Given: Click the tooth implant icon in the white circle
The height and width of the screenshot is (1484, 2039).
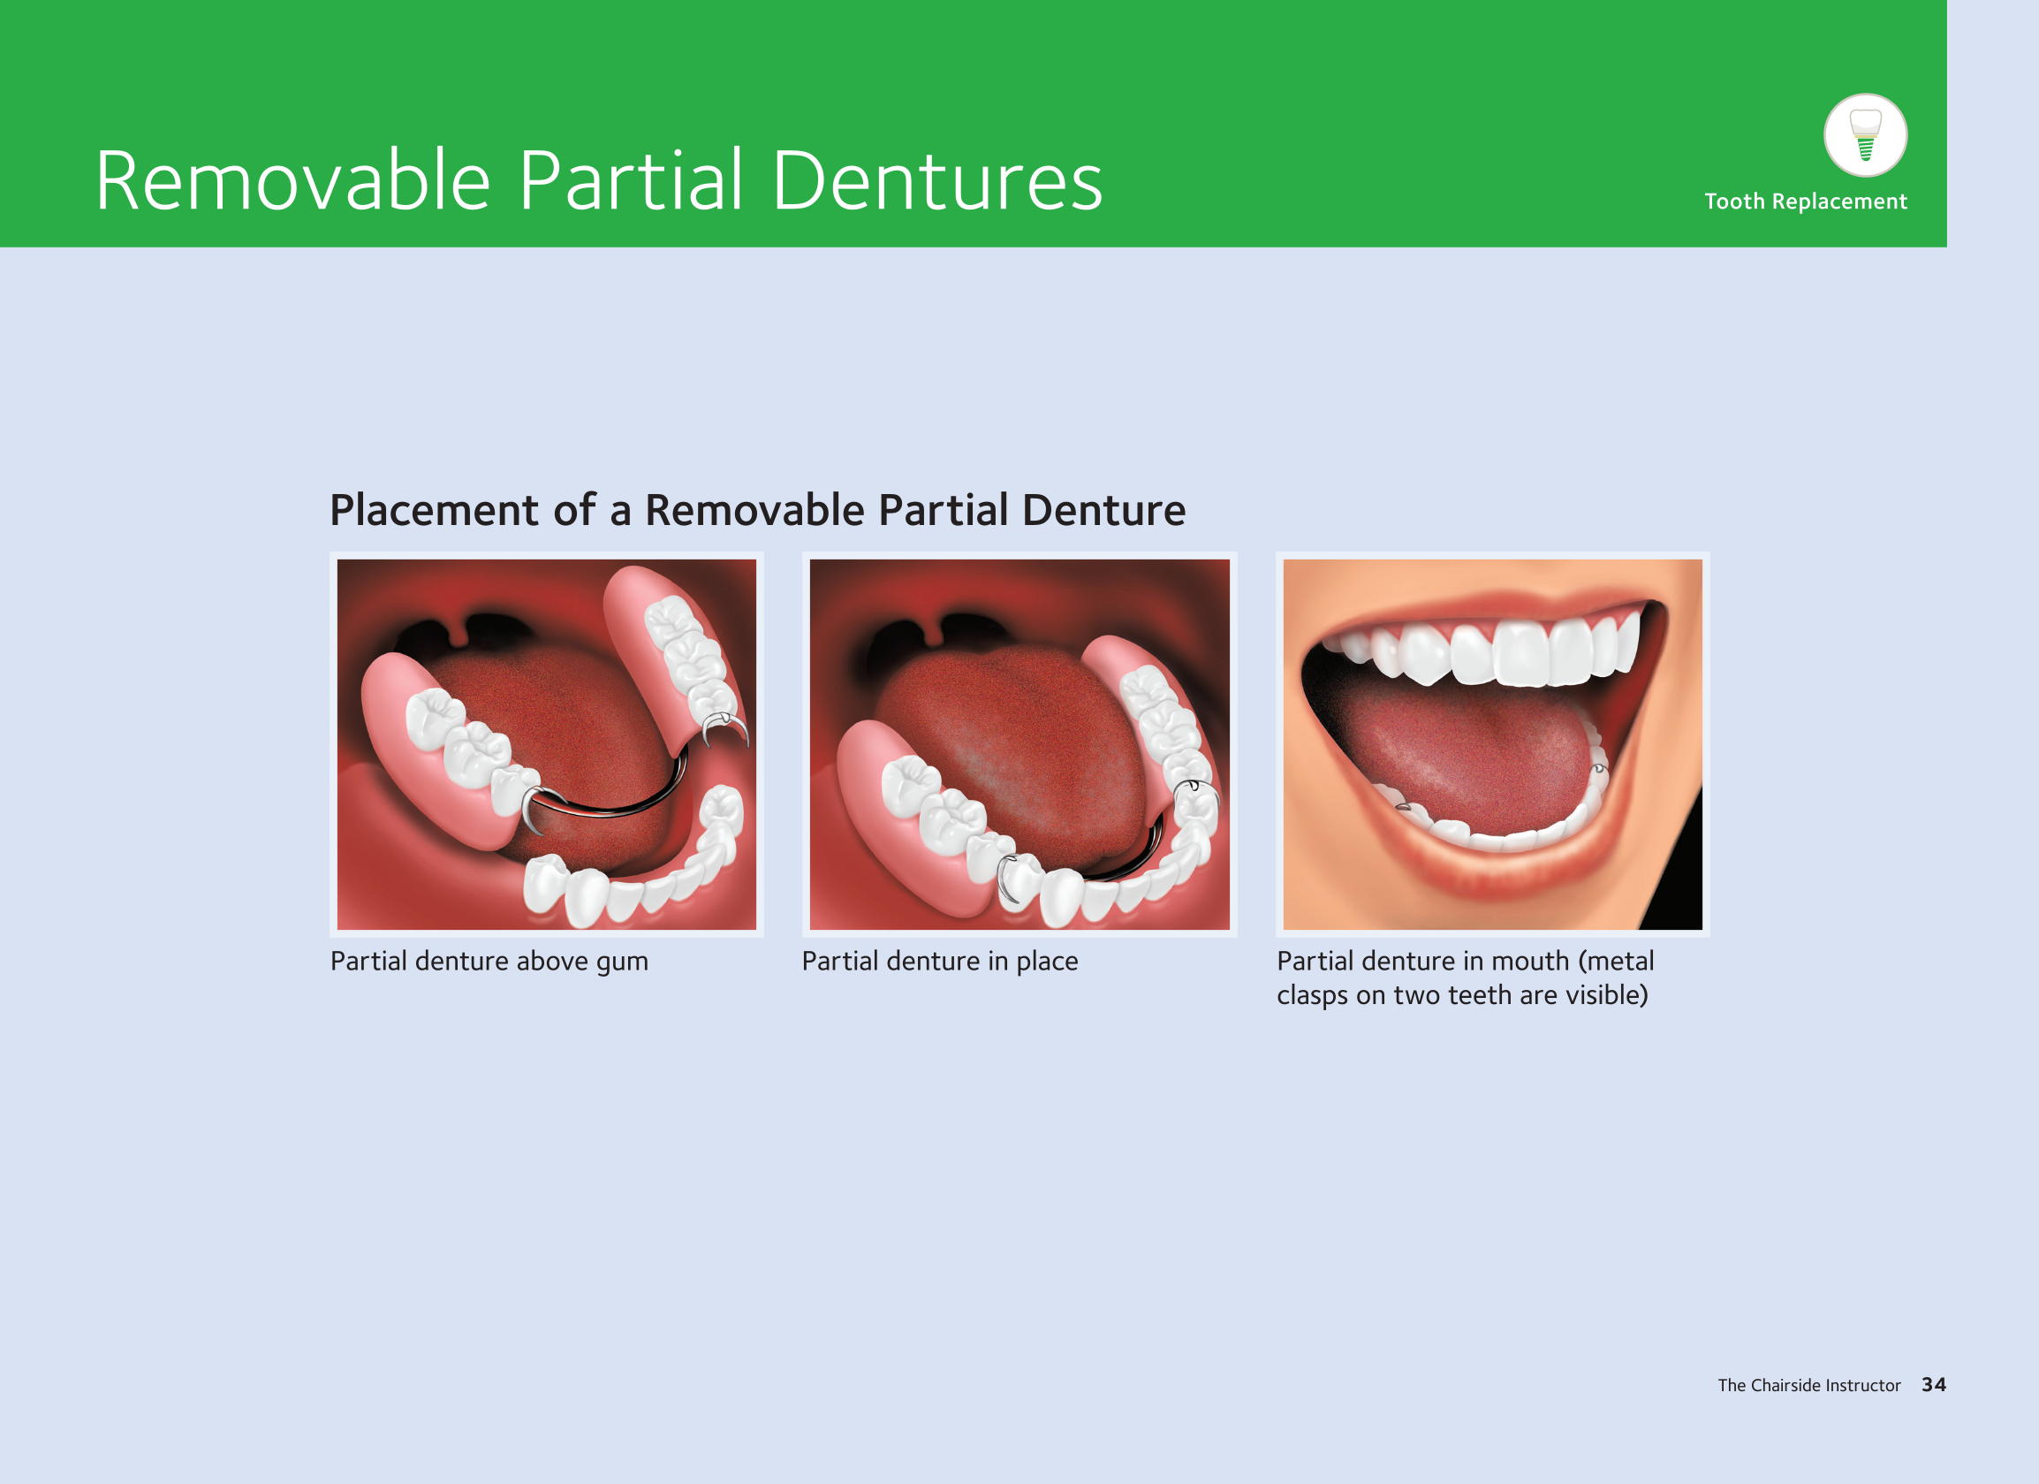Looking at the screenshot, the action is tap(1866, 135).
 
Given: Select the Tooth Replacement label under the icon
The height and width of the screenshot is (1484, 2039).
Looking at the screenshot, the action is tap(1805, 202).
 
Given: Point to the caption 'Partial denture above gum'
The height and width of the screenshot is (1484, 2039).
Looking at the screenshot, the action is tap(489, 962).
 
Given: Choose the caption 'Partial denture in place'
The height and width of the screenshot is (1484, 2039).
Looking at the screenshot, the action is tap(939, 962).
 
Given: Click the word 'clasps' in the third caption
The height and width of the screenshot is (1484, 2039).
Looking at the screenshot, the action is tap(1312, 995).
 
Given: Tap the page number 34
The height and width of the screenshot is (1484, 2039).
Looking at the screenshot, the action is tap(1934, 1385).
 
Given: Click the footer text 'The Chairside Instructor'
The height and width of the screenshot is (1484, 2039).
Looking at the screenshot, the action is tap(1808, 1385).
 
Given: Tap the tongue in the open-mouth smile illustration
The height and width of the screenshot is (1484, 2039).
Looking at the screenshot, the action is tap(1474, 756).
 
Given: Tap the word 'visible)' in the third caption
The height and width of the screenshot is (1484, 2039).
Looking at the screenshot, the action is tap(1607, 995).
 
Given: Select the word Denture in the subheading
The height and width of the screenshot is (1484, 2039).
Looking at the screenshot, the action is tap(1105, 510).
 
